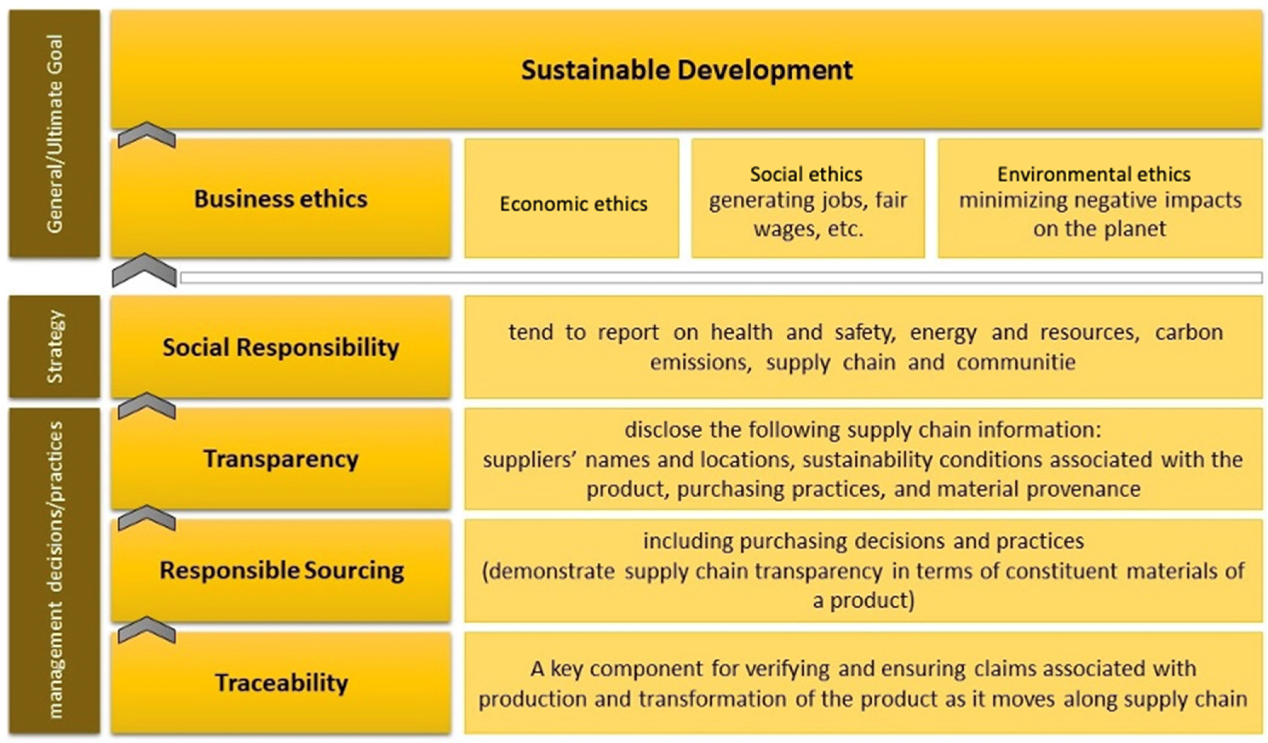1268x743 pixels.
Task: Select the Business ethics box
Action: coord(281,199)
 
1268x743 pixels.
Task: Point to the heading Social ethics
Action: coord(806,174)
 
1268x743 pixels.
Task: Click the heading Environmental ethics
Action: coord(1094,174)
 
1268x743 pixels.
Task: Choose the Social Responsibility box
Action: coord(281,347)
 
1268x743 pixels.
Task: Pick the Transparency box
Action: coord(281,459)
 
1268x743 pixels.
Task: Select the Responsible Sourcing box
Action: coord(281,570)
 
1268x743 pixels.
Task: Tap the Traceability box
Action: coord(281,682)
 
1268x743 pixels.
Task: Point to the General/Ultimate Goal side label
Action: coord(55,134)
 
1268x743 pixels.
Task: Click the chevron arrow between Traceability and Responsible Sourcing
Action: coord(147,629)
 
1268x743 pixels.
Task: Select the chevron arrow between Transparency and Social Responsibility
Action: coord(147,406)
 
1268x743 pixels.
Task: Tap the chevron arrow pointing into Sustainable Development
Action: coord(147,135)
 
